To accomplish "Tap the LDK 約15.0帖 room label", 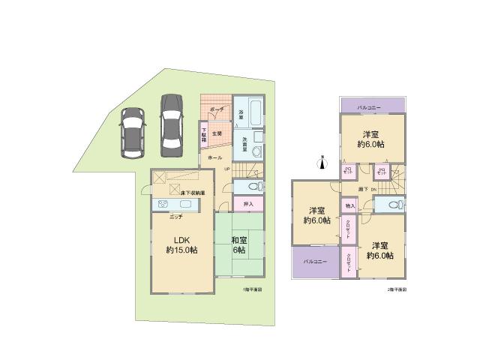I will pos(181,244).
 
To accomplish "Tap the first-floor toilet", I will pos(250,186).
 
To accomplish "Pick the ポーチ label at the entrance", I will pos(217,109).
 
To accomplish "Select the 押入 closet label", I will pos(248,203).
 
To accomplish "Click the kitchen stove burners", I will pos(163,205).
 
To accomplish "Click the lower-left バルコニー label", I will pos(313,262).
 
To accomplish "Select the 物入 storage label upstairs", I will pos(350,205).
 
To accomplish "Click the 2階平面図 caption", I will pos(395,289).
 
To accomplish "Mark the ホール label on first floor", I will pos(214,158).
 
